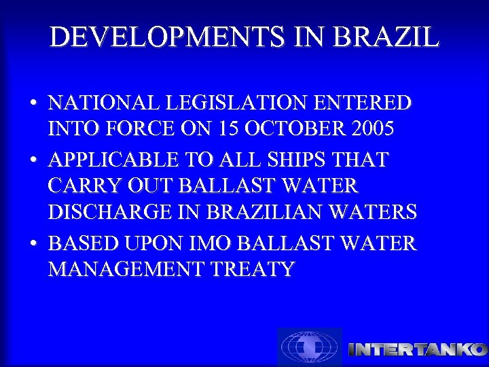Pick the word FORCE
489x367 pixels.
point(148,128)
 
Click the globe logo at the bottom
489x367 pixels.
point(310,347)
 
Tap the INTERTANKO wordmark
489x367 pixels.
point(417,349)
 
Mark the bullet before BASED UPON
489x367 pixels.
point(33,243)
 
